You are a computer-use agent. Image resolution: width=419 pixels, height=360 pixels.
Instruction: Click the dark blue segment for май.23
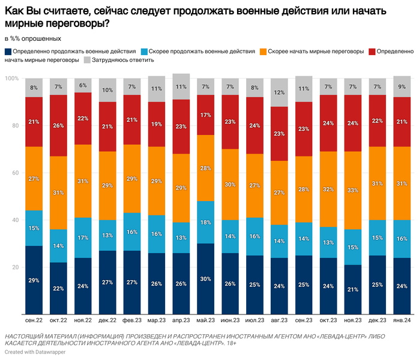(206, 278)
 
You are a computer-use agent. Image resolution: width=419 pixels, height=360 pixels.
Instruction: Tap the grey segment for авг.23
(279, 92)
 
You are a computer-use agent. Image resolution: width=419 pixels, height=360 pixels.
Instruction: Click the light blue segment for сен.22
(34, 228)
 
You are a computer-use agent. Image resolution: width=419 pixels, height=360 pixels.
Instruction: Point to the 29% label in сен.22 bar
(34, 280)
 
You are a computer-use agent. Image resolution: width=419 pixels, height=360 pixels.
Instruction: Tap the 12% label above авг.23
(279, 92)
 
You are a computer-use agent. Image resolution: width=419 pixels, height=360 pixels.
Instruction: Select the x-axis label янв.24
(402, 321)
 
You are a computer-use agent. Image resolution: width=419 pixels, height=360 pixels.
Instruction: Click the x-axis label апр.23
(181, 321)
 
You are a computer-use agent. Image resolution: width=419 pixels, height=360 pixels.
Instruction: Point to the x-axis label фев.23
(132, 321)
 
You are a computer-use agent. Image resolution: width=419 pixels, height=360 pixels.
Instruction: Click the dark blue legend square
(7, 52)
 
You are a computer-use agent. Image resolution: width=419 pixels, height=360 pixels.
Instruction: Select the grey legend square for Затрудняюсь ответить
(87, 60)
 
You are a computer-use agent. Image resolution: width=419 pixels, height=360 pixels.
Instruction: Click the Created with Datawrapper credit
(35, 352)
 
